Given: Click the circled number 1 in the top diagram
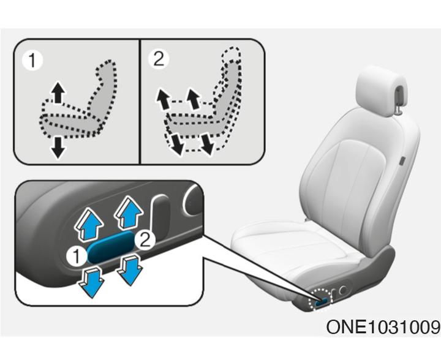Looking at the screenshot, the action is (x=32, y=60).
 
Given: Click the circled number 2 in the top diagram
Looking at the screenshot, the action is (x=159, y=58).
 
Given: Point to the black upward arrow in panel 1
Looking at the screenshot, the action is (x=58, y=92).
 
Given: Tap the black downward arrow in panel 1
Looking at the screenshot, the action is (x=58, y=148).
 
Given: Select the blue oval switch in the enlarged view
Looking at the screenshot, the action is (x=110, y=247).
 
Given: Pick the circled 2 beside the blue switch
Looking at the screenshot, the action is (x=145, y=241).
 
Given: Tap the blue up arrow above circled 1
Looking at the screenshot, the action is (x=89, y=224).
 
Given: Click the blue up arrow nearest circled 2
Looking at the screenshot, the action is (x=129, y=212).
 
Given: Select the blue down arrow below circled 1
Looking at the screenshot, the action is (x=92, y=282).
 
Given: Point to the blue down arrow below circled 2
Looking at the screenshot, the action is (x=130, y=270).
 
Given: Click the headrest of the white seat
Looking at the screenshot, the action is (x=382, y=91).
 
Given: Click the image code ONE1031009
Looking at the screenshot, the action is (x=383, y=327).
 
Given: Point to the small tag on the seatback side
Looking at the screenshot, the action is (x=402, y=161).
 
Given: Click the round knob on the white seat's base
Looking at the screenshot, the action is (x=343, y=290).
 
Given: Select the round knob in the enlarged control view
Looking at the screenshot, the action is (x=193, y=200).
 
